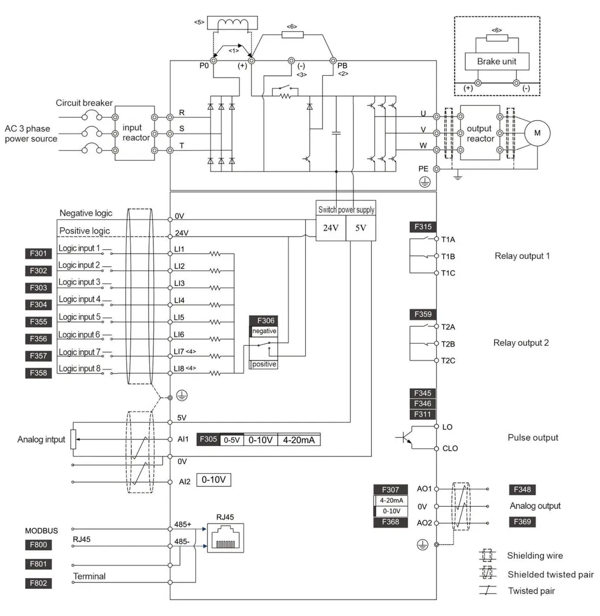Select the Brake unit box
pos(496,61)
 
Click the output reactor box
pos(479,133)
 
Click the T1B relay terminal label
pos(448,256)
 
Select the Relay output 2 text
pos(521,343)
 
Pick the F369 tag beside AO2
pos(524,521)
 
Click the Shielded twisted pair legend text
pos(550,574)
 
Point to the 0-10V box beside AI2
pos(214,480)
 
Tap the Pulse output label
pos(533,437)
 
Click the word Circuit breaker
pos(84,103)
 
